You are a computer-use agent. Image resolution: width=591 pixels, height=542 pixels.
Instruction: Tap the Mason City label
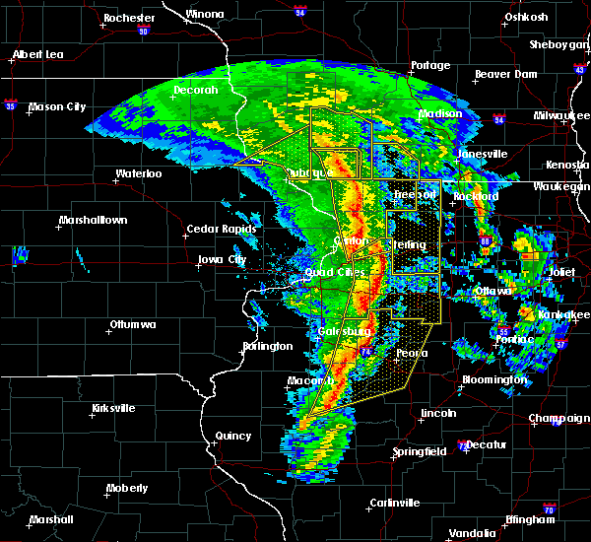point(60,107)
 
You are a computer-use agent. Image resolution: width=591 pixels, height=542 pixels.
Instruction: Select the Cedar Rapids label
point(222,230)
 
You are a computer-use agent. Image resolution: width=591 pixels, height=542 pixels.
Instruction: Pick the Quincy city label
point(234,436)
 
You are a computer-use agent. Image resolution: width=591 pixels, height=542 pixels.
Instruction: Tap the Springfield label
point(422,451)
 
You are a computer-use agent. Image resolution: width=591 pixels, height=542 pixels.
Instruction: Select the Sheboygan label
point(558,44)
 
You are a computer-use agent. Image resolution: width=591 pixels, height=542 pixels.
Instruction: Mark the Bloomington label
point(495,379)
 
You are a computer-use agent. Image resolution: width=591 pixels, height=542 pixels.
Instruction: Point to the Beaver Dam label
point(504,74)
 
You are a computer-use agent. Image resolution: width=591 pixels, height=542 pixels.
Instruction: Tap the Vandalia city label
point(472,533)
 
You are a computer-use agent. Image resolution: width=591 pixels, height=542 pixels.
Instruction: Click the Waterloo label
point(138,173)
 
